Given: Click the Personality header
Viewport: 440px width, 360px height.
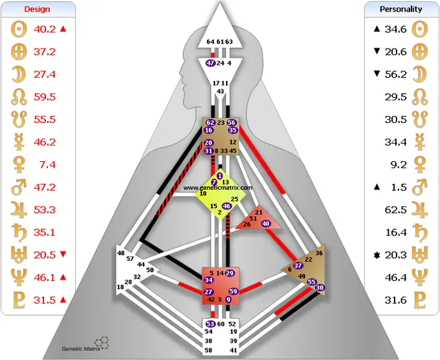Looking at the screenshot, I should (401, 10).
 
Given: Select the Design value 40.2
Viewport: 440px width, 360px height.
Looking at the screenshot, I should (45, 28).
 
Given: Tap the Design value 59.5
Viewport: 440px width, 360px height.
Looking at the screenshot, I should (45, 97).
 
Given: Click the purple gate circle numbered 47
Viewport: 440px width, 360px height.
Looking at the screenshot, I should (211, 63).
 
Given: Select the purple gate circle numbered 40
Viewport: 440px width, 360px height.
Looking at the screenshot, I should (266, 223).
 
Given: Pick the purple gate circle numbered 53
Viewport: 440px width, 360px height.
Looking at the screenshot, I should (211, 324).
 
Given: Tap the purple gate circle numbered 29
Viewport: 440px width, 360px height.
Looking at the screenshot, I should (230, 273).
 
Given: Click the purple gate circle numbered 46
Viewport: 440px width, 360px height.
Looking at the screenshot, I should (226, 206).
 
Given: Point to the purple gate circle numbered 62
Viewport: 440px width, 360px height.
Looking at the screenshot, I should (210, 122).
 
